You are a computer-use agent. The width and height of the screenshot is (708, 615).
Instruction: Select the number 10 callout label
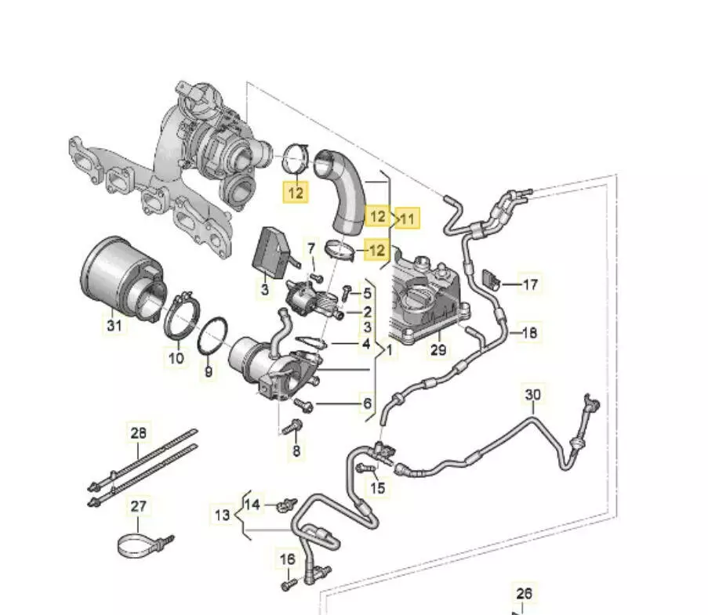176,358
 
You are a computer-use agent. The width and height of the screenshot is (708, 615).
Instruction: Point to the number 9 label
209,372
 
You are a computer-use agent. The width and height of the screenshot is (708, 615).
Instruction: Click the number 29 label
438,349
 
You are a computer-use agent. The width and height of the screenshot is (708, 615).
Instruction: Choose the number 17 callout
530,284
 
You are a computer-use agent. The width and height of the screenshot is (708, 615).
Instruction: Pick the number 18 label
530,332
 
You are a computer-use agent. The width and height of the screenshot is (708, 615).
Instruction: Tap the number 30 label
533,395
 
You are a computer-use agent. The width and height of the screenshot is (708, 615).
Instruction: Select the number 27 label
139,507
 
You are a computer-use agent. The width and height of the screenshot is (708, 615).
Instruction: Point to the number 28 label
139,433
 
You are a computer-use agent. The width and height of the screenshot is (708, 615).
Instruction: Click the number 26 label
524,594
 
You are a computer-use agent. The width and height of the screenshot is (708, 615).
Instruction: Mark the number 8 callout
296,450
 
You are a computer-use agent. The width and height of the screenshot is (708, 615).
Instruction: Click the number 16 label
288,559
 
